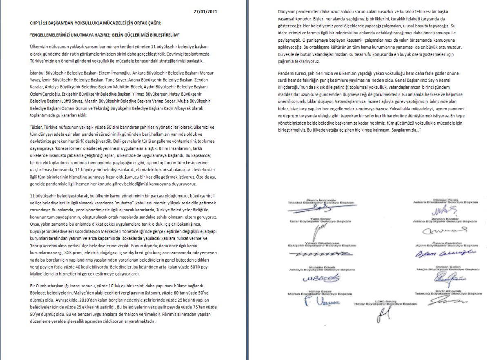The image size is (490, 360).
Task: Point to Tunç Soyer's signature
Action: point(316,233)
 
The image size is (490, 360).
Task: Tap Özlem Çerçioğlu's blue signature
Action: point(445,254)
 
